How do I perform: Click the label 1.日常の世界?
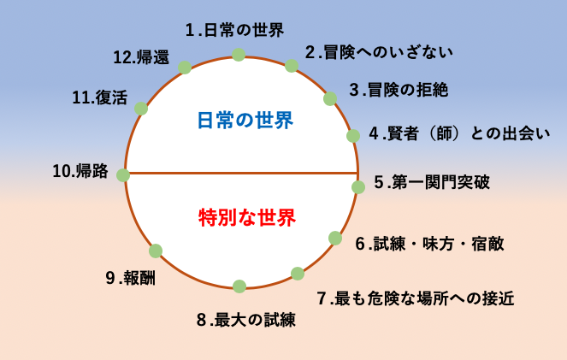(x=234, y=30)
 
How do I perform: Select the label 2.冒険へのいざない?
(x=379, y=52)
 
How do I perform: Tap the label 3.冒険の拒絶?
(x=399, y=90)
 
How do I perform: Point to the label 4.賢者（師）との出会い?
(x=459, y=133)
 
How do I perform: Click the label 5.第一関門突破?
(x=432, y=182)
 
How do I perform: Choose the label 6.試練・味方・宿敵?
(x=429, y=244)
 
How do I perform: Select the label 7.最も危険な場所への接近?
(x=416, y=298)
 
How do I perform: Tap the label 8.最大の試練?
(x=246, y=320)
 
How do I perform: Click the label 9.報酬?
(x=131, y=278)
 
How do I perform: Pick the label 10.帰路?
(x=80, y=171)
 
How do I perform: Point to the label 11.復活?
(x=100, y=97)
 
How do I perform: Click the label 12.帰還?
(x=141, y=57)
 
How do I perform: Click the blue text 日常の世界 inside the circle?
(x=245, y=121)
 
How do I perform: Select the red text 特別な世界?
(x=247, y=217)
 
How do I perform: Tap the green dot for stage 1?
(x=239, y=55)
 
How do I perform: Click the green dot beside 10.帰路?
(x=123, y=175)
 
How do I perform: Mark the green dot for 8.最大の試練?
(x=239, y=286)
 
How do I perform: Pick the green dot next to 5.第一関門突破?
(x=358, y=187)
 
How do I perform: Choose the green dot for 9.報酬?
(x=156, y=251)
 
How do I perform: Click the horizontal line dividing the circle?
(x=241, y=173)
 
